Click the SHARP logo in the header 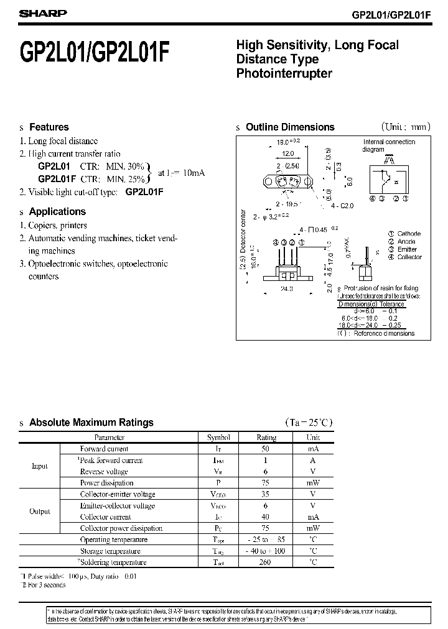tap(39, 13)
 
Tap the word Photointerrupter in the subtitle tap(284, 73)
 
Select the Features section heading tap(49, 127)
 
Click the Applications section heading tap(57, 211)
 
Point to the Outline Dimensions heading tap(290, 127)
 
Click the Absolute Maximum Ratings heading tap(91, 423)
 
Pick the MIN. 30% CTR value tap(126, 167)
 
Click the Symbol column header tap(218, 438)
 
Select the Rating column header tap(266, 438)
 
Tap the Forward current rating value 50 tap(266, 449)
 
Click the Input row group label tap(39, 466)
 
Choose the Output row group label tap(40, 512)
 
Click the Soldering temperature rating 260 tap(266, 562)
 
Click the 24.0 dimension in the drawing tap(287, 289)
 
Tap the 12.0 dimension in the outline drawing tap(287, 154)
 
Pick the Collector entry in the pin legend tap(409, 257)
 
